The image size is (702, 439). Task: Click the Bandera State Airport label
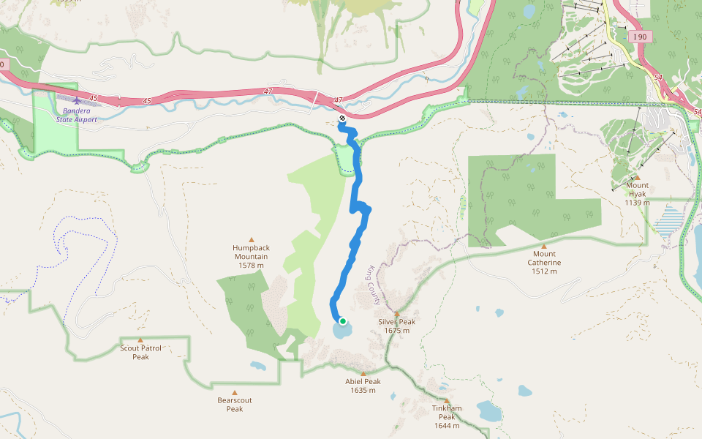pos(76,115)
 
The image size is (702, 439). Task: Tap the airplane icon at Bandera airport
pos(76,101)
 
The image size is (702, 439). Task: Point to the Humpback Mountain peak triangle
pos(252,239)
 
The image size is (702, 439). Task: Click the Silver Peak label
pos(397,326)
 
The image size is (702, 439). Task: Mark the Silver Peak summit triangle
pos(397,313)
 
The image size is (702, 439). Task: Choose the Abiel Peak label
pos(363,386)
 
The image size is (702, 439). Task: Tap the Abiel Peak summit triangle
pos(363,373)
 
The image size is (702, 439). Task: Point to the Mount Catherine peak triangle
pos(544,246)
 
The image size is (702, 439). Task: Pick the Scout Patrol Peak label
pos(140,353)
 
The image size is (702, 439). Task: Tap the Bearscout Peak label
pos(235,405)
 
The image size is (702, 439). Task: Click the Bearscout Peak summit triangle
pos(235,392)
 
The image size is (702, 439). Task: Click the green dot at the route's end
pos(342,320)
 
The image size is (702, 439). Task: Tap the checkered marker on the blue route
pos(341,118)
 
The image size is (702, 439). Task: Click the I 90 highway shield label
pos(641,37)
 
